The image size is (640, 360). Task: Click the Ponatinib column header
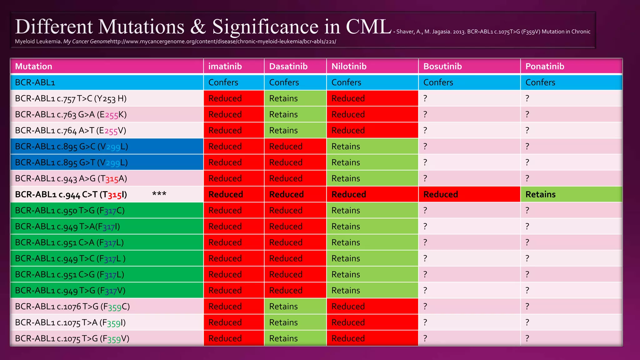[x=545, y=66]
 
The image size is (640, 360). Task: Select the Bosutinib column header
[x=442, y=66]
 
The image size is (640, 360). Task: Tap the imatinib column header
[x=225, y=66]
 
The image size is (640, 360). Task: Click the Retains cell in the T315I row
[x=540, y=194]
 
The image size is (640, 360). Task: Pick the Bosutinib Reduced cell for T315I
[x=440, y=194]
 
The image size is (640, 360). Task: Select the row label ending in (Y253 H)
[x=71, y=99]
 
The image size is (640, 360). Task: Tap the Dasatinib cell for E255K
[x=283, y=114]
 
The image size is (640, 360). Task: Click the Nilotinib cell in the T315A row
[x=346, y=178]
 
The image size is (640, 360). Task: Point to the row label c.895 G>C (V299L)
[x=71, y=147]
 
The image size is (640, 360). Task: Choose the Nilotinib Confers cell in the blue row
[x=346, y=82]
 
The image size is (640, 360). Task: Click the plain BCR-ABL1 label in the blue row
[x=35, y=82]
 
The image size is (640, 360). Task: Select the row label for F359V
[x=72, y=338]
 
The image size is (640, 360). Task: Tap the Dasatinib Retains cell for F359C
[x=283, y=307]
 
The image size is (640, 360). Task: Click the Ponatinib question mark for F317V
[x=527, y=290]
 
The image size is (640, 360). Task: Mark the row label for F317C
[x=70, y=211]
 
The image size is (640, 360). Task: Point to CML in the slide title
[x=368, y=27]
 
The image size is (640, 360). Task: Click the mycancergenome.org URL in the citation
[x=223, y=42]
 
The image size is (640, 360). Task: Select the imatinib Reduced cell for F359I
[x=225, y=322]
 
